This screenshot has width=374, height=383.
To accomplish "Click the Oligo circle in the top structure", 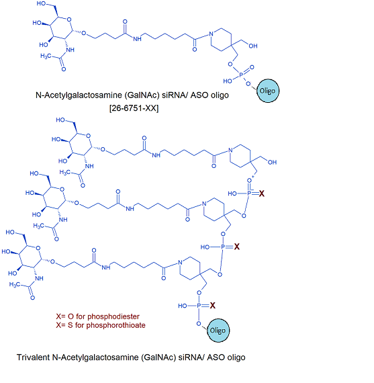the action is [268, 91].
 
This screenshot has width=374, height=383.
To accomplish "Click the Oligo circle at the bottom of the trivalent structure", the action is [218, 330].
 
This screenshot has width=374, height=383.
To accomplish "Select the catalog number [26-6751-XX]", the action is [134, 108].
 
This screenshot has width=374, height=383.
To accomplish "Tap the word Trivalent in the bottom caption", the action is [33, 357].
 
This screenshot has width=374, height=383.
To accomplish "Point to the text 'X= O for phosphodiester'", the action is [97, 316].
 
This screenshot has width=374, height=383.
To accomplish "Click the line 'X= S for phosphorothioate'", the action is [101, 325].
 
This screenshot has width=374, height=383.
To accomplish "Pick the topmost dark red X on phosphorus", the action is [261, 194].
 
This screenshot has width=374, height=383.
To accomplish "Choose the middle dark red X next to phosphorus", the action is [237, 247].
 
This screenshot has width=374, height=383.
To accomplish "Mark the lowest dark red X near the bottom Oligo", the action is [213, 305].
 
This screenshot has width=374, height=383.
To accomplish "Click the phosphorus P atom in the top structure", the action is [241, 75].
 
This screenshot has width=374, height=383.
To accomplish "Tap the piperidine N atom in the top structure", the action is [211, 34].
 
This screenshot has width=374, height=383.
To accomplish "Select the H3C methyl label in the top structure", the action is [46, 56].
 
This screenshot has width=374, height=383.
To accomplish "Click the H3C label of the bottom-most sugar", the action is [14, 284].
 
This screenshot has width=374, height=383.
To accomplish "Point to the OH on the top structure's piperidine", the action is [253, 46].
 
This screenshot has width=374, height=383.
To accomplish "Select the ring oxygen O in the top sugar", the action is [69, 19].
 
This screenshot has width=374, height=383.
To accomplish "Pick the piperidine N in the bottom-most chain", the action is [180, 263].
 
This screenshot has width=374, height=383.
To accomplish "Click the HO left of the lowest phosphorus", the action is [183, 306].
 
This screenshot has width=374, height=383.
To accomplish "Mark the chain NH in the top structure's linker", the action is [137, 39].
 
